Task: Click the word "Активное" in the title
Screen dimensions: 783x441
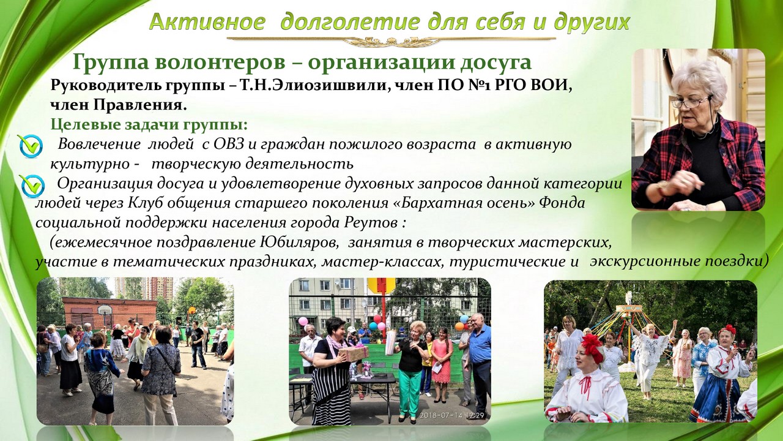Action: [x=207, y=21]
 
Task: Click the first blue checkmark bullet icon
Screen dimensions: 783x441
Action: [x=31, y=146]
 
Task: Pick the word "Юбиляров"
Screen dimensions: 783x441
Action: [x=300, y=242]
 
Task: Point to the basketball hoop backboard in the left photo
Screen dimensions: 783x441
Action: [x=104, y=311]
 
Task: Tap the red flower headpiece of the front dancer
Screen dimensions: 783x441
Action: [x=593, y=346]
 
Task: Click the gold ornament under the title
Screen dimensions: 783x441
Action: [x=391, y=40]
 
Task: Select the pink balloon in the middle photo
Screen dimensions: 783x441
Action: [x=303, y=321]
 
